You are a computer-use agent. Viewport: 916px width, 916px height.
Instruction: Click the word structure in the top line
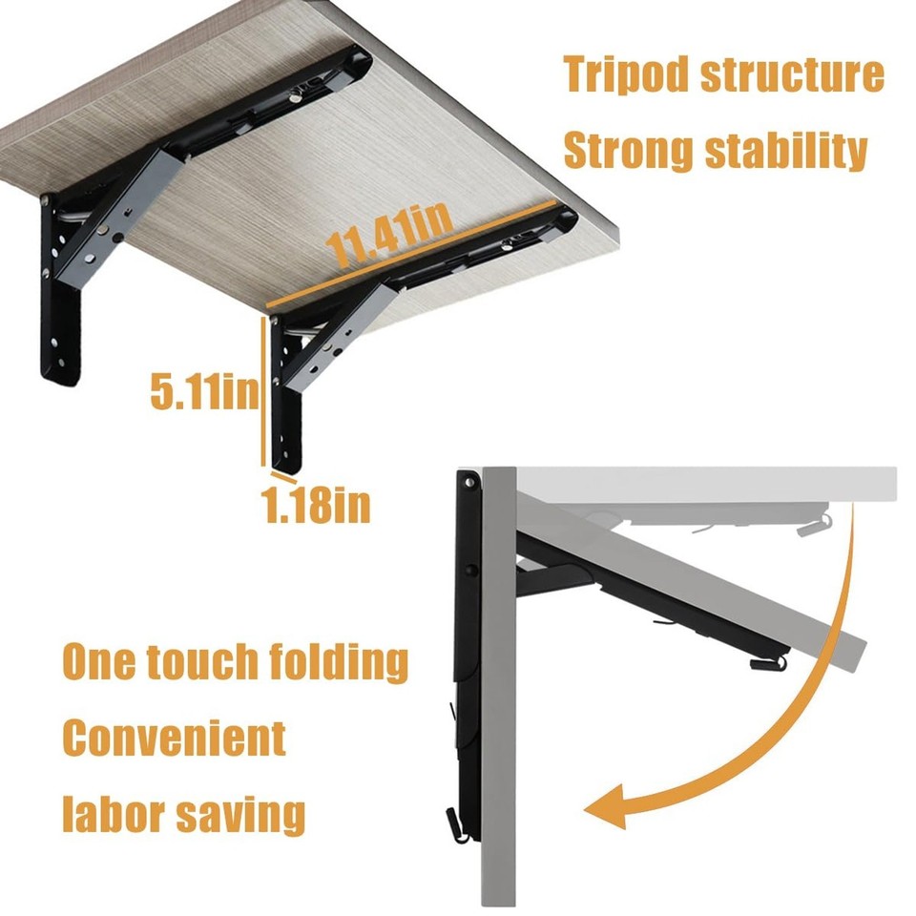[794, 75]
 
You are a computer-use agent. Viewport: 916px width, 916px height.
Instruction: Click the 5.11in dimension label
[203, 390]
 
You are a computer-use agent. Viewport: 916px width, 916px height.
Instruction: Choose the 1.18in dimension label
[317, 506]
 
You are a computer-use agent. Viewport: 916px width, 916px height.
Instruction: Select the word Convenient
[175, 738]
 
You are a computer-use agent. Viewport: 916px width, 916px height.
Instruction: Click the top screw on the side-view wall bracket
[470, 485]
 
